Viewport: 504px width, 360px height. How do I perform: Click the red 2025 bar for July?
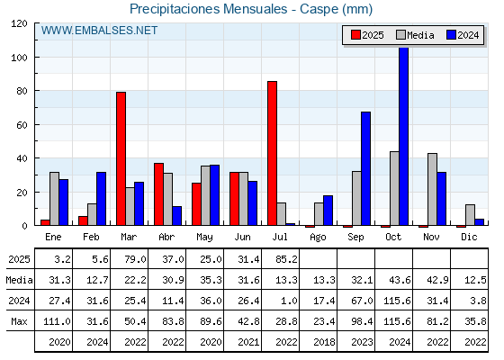pos(272,153)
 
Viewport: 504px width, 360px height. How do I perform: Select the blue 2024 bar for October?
pos(404,136)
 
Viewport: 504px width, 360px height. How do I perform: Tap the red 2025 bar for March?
pos(121,158)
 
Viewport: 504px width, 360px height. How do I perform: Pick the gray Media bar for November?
pos(432,189)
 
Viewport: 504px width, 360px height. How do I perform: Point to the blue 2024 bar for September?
pos(365,168)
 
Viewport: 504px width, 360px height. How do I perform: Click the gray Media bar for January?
pos(54,199)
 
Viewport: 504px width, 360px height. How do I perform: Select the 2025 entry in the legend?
pos(367,35)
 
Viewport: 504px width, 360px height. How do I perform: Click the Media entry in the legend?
pos(415,35)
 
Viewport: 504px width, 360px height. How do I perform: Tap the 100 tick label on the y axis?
pos(19,58)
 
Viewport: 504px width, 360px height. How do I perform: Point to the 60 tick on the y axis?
pos(22,125)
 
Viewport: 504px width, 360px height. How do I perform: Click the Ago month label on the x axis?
pos(318,238)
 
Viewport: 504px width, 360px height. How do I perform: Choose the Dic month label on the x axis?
pos(469,237)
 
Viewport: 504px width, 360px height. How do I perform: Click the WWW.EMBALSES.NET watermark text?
pos(99,31)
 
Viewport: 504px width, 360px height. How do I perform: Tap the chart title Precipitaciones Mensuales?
pos(208,9)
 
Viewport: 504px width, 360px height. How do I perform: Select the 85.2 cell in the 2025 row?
pos(286,259)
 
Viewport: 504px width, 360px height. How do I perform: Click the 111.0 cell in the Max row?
pos(57,321)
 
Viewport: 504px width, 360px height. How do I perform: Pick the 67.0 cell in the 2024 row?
pos(362,301)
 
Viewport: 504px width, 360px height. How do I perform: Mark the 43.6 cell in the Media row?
pos(400,280)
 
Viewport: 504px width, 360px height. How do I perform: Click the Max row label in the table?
pos(19,321)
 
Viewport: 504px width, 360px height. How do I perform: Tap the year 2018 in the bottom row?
pos(324,342)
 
